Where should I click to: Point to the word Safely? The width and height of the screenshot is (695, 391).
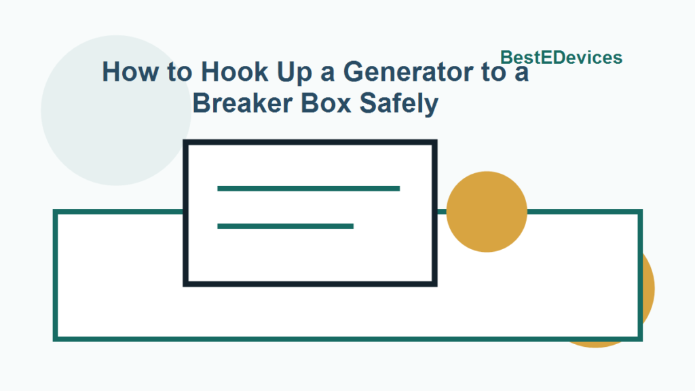(x=400, y=105)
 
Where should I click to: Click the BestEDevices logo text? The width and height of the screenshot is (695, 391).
(x=561, y=58)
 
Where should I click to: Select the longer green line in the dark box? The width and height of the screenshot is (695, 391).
(x=308, y=188)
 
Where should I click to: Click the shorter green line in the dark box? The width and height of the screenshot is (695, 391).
(x=285, y=226)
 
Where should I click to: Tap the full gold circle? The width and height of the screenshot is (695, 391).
(x=487, y=211)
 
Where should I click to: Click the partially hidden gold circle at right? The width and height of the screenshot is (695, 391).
(x=647, y=292)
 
